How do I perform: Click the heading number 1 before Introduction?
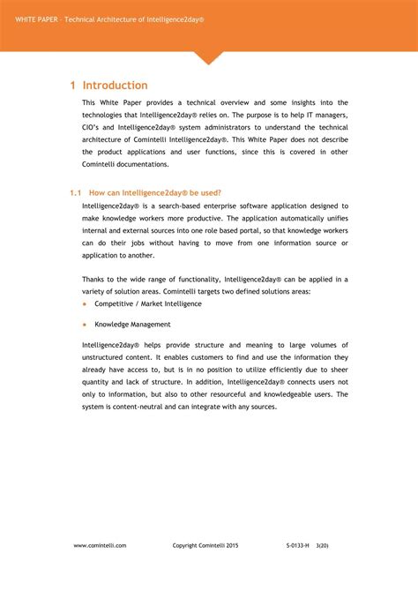[73, 86]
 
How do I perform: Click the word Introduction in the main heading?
[116, 86]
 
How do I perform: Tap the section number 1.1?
[75, 192]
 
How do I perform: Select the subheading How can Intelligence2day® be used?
[155, 192]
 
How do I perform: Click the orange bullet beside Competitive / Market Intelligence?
[85, 303]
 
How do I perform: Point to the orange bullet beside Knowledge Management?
[85, 325]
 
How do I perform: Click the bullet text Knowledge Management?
[132, 325]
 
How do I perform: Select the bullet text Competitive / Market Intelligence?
[148, 303]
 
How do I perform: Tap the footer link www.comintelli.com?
[100, 546]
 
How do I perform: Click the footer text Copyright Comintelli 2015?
[205, 546]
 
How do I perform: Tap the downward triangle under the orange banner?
[209, 58]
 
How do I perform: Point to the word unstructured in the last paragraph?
[106, 357]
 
